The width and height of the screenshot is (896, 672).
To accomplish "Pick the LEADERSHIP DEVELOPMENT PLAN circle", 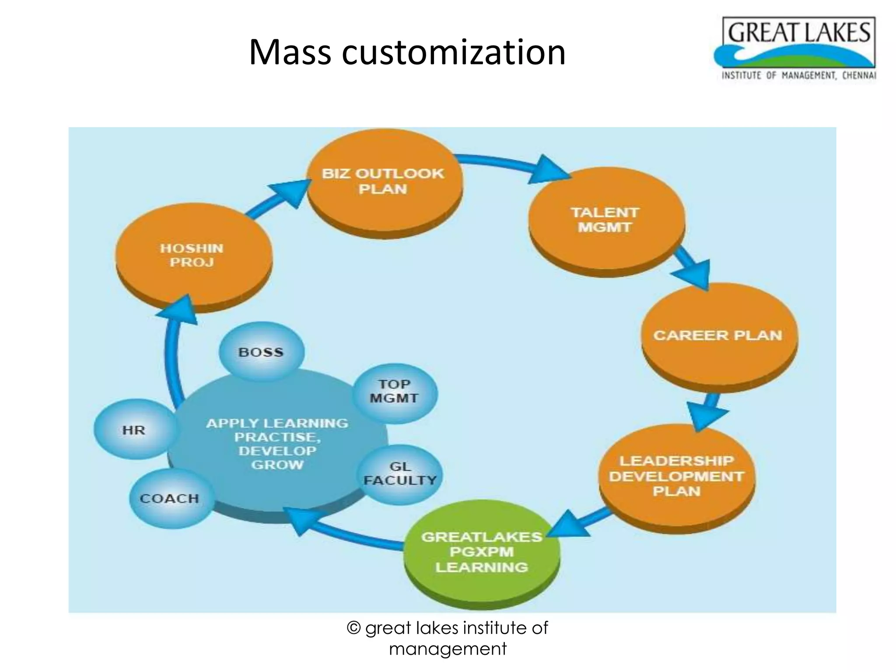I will (x=676, y=476).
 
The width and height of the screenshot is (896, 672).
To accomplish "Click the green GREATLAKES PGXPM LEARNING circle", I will (x=481, y=552).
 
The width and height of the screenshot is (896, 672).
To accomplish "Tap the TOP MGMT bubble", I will (x=394, y=391).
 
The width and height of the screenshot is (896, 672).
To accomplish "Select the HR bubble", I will (x=134, y=430).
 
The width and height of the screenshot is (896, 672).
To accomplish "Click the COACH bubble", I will (x=170, y=498).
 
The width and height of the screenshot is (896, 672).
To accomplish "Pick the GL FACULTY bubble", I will (x=400, y=474).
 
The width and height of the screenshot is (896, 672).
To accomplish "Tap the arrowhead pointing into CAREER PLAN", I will (x=694, y=273).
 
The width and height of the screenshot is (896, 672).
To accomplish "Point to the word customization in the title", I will (x=453, y=52).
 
